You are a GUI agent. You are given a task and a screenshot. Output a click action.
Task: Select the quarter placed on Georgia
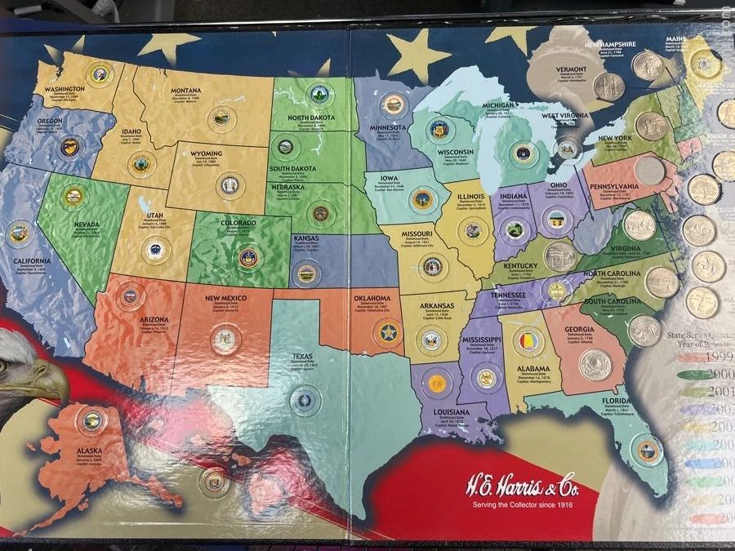coord(595,364)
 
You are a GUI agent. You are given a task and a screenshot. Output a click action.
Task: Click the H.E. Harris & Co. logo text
coord(519,483)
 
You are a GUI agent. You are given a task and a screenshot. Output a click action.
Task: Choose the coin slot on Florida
coord(646,449)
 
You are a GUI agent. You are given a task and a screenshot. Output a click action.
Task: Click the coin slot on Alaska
coord(91,421)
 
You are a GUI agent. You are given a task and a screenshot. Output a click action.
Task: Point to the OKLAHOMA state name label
coord(377,299)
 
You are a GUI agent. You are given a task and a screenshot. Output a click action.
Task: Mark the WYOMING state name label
coord(202,153)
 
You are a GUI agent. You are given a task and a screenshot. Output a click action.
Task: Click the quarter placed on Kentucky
coord(560,256)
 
